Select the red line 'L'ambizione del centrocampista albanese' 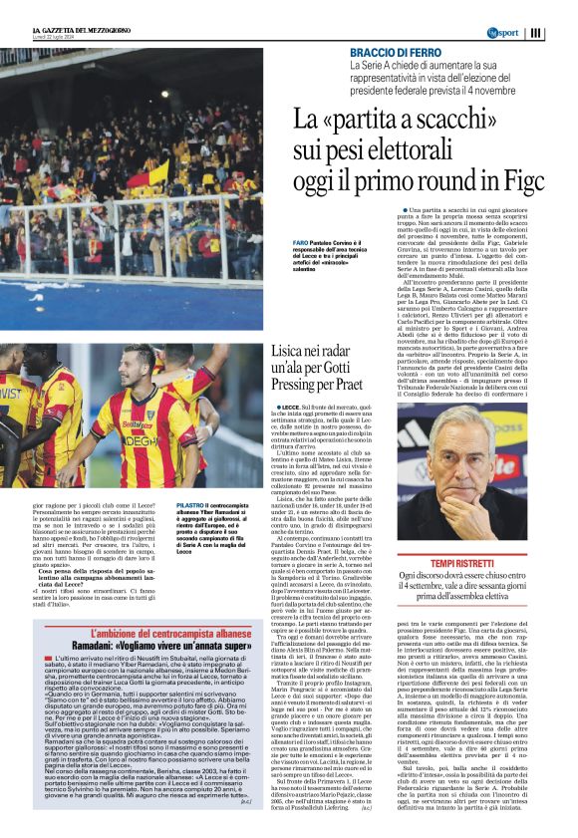click(x=155, y=632)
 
